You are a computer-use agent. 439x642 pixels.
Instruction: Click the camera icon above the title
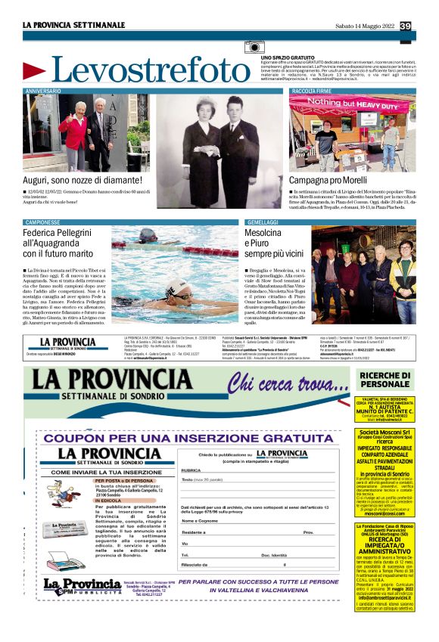pyautogui.click(x=254, y=48)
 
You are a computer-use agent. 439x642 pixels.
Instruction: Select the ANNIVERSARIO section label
pyautogui.click(x=43, y=91)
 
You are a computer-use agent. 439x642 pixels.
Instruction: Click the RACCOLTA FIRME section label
pyautogui.click(x=311, y=91)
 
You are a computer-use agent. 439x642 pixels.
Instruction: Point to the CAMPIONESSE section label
pyautogui.click(x=42, y=222)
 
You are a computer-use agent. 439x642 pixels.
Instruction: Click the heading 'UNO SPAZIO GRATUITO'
pyautogui.click(x=288, y=57)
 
